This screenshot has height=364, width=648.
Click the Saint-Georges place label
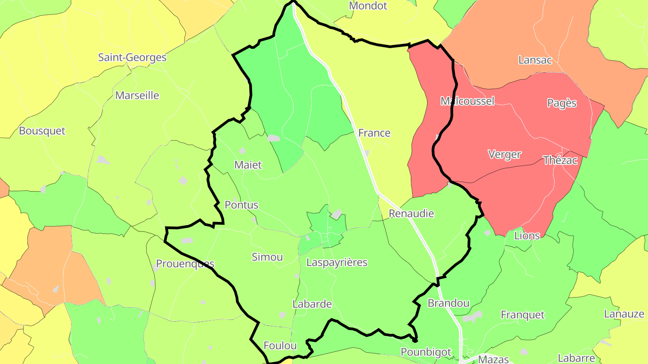pos(132,58)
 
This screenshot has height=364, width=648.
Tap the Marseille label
pos(137,95)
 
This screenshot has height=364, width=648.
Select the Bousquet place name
pos(42,131)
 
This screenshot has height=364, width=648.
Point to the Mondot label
pos(368,6)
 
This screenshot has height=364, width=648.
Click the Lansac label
pos(535,60)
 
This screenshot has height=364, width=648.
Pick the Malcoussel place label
pos(467,101)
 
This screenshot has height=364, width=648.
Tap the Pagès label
pos(562,103)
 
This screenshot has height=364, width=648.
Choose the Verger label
pos(504,155)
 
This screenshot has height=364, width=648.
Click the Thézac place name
pos(560,160)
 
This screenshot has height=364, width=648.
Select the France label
pos(374,133)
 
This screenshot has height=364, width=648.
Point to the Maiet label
pos(248,165)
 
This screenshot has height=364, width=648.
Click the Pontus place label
pos(242,205)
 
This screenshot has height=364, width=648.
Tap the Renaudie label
pos(411,213)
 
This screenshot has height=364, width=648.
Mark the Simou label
pos(267,257)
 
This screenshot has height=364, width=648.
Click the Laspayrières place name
pos(337,262)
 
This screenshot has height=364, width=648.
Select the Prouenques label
pos(185,263)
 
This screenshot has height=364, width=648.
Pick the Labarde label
pos(312,304)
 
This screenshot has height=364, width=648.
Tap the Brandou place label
pos(448,303)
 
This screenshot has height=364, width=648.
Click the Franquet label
pos(522,315)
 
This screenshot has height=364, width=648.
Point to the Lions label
pos(526,235)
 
